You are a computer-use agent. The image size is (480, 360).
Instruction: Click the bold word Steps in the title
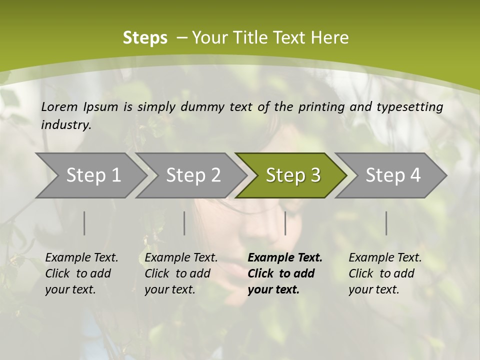145,38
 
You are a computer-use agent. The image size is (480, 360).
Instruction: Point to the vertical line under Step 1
84,223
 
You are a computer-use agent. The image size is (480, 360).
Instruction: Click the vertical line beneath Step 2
184,223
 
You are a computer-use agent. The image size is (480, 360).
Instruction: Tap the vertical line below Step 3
285,223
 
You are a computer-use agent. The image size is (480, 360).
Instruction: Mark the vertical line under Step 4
386,223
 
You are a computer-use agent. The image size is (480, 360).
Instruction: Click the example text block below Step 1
81,273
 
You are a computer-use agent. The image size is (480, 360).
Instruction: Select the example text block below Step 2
181,273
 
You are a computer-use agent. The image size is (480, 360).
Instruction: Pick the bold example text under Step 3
285,273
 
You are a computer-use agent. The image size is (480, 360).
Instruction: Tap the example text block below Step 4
385,273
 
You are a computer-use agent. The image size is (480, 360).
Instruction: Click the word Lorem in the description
59,106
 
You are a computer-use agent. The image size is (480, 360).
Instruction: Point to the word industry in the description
66,125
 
